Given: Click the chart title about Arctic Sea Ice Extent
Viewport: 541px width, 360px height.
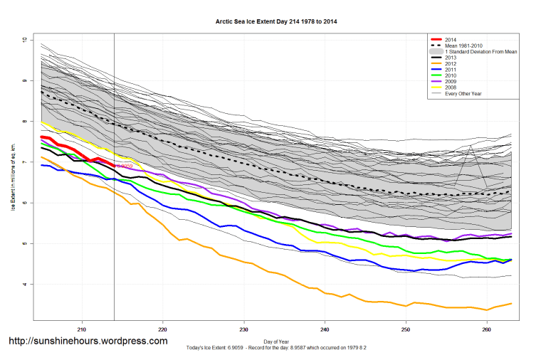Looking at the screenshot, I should click(x=276, y=21).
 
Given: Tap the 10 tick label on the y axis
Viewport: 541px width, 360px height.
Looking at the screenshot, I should click(x=23, y=40).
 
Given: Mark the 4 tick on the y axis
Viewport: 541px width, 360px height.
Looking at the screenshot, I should click(x=23, y=285).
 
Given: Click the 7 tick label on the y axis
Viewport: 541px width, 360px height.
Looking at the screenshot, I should click(x=23, y=163).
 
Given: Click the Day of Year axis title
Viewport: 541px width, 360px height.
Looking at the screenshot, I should click(x=276, y=342).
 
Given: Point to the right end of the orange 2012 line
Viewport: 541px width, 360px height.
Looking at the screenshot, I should click(x=511, y=304).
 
